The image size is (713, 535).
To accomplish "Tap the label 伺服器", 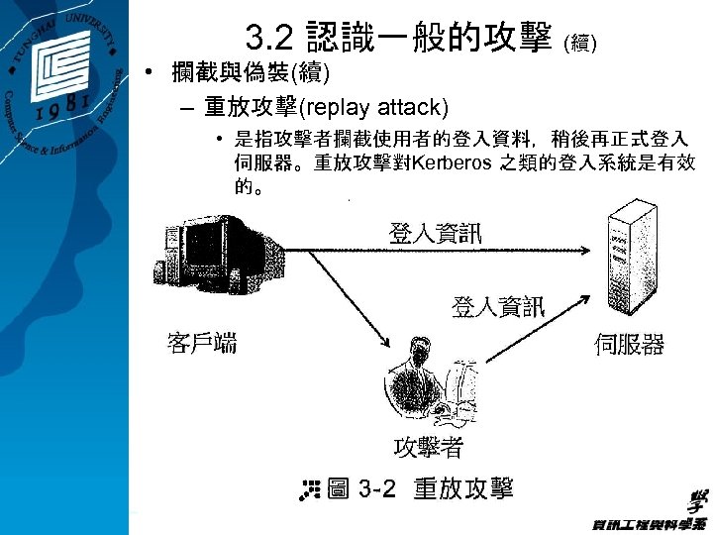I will click(x=629, y=344).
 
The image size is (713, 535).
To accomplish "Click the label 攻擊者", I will click(x=428, y=447).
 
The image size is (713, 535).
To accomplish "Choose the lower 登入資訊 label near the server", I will click(x=498, y=306).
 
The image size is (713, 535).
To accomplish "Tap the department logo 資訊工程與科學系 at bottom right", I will click(x=649, y=514).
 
